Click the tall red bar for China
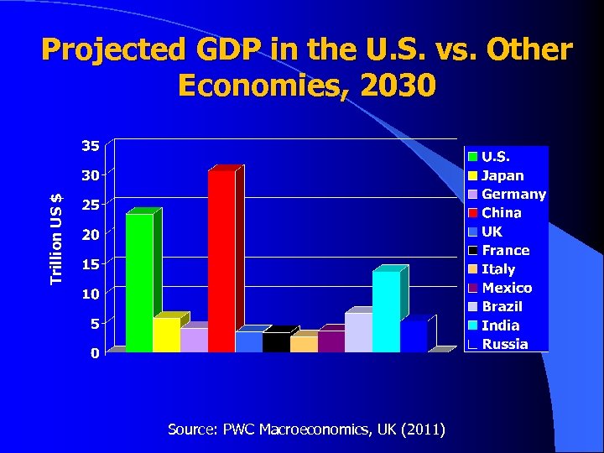click(221, 261)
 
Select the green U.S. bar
click(139, 283)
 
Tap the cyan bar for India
click(386, 311)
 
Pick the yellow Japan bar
click(166, 335)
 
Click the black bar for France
click(276, 341)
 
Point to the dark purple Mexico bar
click(331, 341)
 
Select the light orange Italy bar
click(304, 343)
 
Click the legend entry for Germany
click(513, 195)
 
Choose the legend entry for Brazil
click(501, 307)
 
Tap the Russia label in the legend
click(504, 344)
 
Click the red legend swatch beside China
click(473, 213)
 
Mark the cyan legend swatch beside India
click(473, 325)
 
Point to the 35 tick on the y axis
click(90, 145)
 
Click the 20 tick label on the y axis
click(90, 234)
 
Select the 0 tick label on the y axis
click(94, 353)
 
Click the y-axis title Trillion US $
click(56, 238)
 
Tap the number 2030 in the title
click(394, 85)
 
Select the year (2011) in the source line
click(424, 430)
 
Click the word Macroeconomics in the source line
click(315, 430)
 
